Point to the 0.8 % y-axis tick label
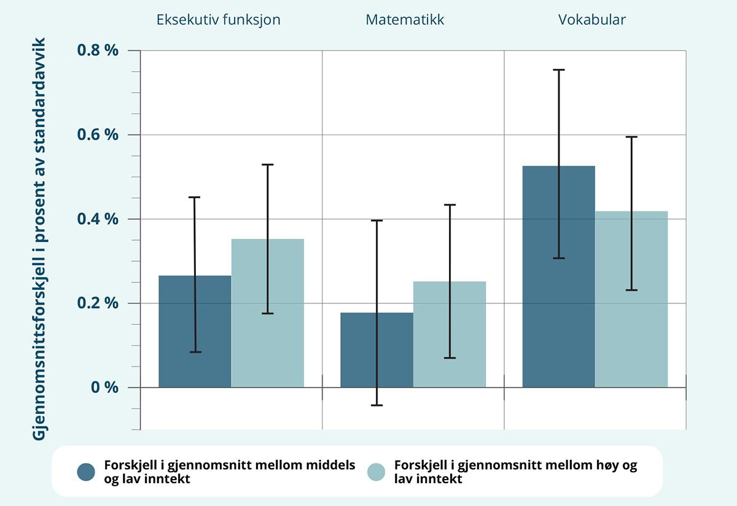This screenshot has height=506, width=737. [x=97, y=50]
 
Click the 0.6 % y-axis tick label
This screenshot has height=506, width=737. [x=97, y=134]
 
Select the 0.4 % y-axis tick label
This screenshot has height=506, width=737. [x=97, y=219]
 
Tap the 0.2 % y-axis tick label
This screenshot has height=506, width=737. [x=97, y=303]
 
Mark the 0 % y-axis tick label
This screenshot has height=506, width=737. [x=104, y=387]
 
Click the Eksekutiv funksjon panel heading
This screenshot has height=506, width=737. [x=218, y=20]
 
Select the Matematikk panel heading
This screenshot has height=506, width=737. [x=405, y=20]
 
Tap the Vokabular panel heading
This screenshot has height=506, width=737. [x=592, y=20]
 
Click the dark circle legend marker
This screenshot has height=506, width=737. [x=86, y=472]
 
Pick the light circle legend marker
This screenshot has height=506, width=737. [x=376, y=472]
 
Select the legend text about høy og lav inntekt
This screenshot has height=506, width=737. [x=515, y=472]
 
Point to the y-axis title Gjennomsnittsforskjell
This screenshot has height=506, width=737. [x=40, y=239]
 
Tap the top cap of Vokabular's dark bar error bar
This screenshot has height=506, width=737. [x=558, y=70]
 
